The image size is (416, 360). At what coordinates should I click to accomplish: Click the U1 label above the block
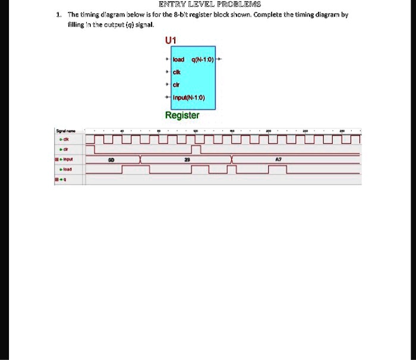(171, 40)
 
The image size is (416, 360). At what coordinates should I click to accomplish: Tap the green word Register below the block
(182, 115)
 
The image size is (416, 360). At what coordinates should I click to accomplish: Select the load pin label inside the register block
(179, 61)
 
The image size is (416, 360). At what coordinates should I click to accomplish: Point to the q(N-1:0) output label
(201, 61)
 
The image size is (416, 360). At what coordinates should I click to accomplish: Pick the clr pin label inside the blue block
(177, 85)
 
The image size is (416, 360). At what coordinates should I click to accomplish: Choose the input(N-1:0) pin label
(190, 97)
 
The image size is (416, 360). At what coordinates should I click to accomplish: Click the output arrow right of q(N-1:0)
(220, 60)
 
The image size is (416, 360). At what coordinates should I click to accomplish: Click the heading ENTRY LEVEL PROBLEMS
(207, 4)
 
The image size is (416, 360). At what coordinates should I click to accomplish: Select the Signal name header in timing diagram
(65, 131)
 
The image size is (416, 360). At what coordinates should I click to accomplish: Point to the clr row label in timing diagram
(69, 149)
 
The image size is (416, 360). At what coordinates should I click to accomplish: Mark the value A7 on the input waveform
(278, 159)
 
